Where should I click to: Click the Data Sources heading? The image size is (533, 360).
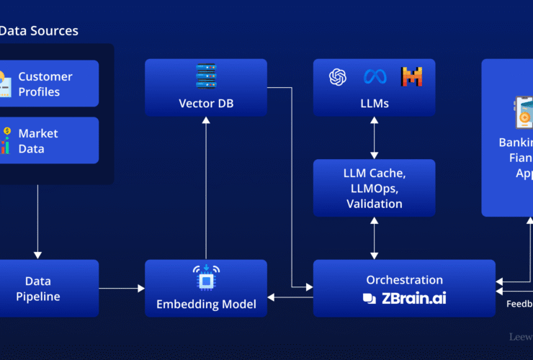(x=39, y=31)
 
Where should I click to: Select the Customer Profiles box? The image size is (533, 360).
(x=49, y=84)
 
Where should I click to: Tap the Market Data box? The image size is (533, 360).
(x=49, y=141)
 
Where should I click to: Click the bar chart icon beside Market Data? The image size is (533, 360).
(x=6, y=141)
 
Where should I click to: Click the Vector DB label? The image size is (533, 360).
(x=206, y=104)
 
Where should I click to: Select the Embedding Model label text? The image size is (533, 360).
(x=206, y=305)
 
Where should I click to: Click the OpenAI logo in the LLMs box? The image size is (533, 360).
(x=339, y=76)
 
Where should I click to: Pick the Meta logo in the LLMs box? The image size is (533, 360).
(x=375, y=76)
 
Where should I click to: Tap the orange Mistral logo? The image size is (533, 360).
(x=411, y=76)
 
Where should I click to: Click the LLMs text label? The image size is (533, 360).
(x=375, y=104)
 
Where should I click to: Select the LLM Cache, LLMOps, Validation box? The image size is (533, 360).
(x=374, y=188)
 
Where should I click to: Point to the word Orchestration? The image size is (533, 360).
(x=404, y=280)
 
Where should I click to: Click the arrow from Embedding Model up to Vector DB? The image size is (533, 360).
(x=206, y=187)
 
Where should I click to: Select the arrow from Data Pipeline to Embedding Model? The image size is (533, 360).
(x=122, y=289)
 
